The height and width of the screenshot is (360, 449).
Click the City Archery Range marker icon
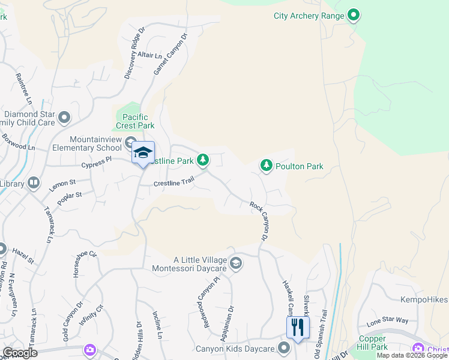[x=354, y=16]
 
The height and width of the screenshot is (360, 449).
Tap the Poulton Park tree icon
[x=267, y=166]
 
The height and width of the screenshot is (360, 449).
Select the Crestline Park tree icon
[x=203, y=160]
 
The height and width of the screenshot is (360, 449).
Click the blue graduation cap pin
[x=143, y=154]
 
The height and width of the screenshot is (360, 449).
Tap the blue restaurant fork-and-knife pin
[x=297, y=328]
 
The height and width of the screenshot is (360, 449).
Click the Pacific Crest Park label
[x=139, y=121]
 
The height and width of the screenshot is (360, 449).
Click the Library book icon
[x=33, y=182]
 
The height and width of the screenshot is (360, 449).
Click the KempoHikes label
[x=424, y=299]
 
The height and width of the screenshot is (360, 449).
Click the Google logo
[x=20, y=353]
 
